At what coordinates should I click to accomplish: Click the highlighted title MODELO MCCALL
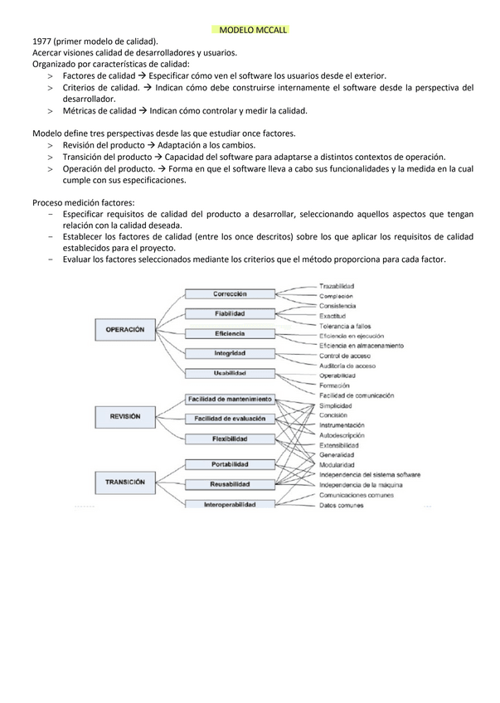[250, 29]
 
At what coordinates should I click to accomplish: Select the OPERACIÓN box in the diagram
[125, 329]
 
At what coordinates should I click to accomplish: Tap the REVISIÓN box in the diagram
[123, 416]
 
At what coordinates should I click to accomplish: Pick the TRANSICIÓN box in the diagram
[125, 481]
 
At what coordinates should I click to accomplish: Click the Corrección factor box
[230, 293]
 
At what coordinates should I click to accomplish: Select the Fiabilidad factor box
[230, 313]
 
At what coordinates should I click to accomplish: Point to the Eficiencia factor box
[230, 333]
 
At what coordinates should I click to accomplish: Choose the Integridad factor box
[230, 353]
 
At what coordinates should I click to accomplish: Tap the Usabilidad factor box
[230, 373]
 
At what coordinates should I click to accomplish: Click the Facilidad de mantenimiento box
[230, 399]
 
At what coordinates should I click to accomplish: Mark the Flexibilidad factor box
[230, 439]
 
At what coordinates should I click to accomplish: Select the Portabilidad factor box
[230, 464]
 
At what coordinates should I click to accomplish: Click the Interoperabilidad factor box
[230, 504]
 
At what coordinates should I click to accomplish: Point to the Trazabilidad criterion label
[336, 286]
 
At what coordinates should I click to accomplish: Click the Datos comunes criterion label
[341, 504]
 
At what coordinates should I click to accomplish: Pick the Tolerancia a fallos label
[344, 326]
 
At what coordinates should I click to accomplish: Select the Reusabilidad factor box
[230, 484]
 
